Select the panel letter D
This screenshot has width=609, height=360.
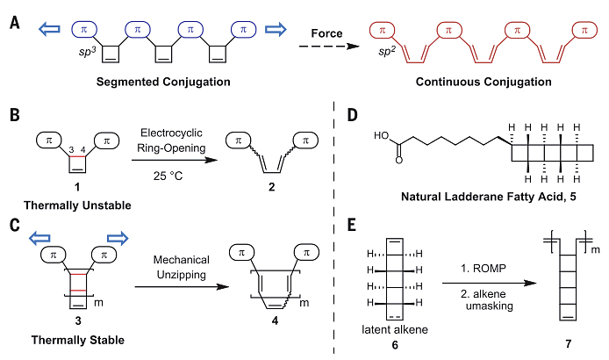pos(352,115)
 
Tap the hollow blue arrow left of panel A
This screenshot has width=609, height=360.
pos(50,30)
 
